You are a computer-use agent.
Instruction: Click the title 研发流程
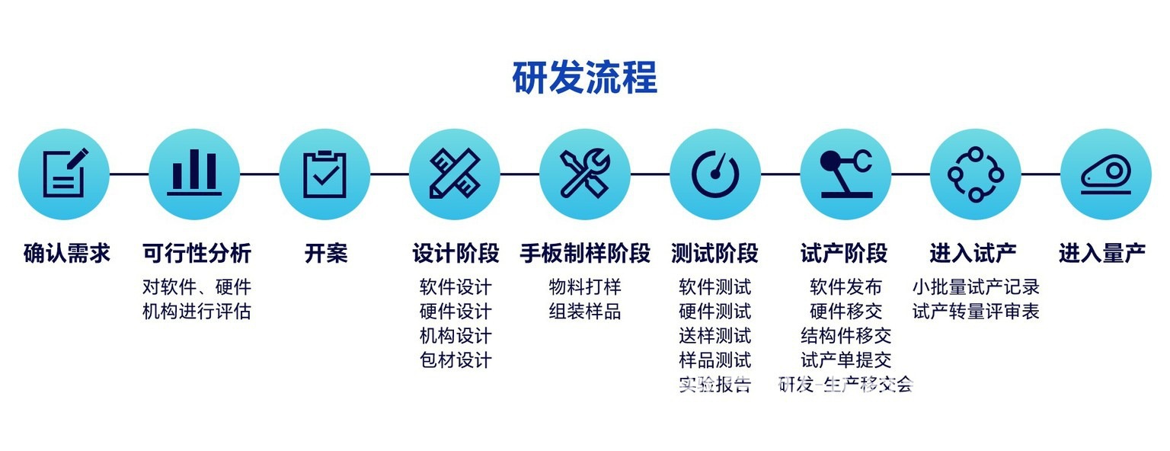[x=584, y=78]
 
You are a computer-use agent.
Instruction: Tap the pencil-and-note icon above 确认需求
[x=64, y=174]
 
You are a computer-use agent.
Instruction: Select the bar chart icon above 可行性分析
[x=194, y=174]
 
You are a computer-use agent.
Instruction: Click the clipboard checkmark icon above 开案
[x=324, y=174]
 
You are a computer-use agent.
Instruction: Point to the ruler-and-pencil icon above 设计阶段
[x=455, y=174]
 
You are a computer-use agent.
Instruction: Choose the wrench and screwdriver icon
[x=585, y=174]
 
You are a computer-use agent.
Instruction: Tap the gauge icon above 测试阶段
[x=715, y=174]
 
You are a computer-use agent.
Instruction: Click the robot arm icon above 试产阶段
[x=846, y=174]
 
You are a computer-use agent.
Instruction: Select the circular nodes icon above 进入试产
[x=976, y=174]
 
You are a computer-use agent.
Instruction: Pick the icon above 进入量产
[x=1106, y=174]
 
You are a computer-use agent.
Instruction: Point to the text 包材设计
[x=456, y=360]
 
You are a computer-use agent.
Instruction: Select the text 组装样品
[x=585, y=312]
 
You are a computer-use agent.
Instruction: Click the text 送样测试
[x=714, y=336]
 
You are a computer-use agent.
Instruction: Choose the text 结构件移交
[x=846, y=336]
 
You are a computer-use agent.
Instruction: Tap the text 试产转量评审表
[x=976, y=312]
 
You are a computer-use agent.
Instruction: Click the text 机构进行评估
[x=197, y=312]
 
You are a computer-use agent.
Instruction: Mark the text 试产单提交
[x=846, y=360]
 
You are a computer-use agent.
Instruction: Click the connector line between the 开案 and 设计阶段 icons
[x=389, y=174]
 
